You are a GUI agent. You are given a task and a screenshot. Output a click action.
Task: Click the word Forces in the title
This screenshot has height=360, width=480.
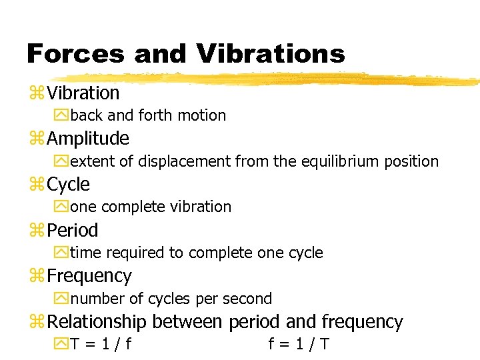(75, 53)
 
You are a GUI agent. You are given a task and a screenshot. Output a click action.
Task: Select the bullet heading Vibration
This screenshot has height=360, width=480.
(83, 93)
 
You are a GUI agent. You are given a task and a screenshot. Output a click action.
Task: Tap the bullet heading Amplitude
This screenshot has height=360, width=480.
(88, 139)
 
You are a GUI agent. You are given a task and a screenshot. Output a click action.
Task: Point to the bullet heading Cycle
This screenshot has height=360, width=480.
(68, 184)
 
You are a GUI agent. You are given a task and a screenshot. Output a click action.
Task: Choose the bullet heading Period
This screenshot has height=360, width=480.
(73, 230)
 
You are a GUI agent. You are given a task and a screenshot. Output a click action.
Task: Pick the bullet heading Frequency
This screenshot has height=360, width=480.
(89, 275)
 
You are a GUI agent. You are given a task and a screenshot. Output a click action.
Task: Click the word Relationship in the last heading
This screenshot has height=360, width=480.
(97, 322)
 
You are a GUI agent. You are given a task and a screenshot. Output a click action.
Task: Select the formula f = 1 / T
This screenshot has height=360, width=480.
(299, 345)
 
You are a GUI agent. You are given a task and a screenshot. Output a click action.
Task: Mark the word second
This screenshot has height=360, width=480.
(247, 299)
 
